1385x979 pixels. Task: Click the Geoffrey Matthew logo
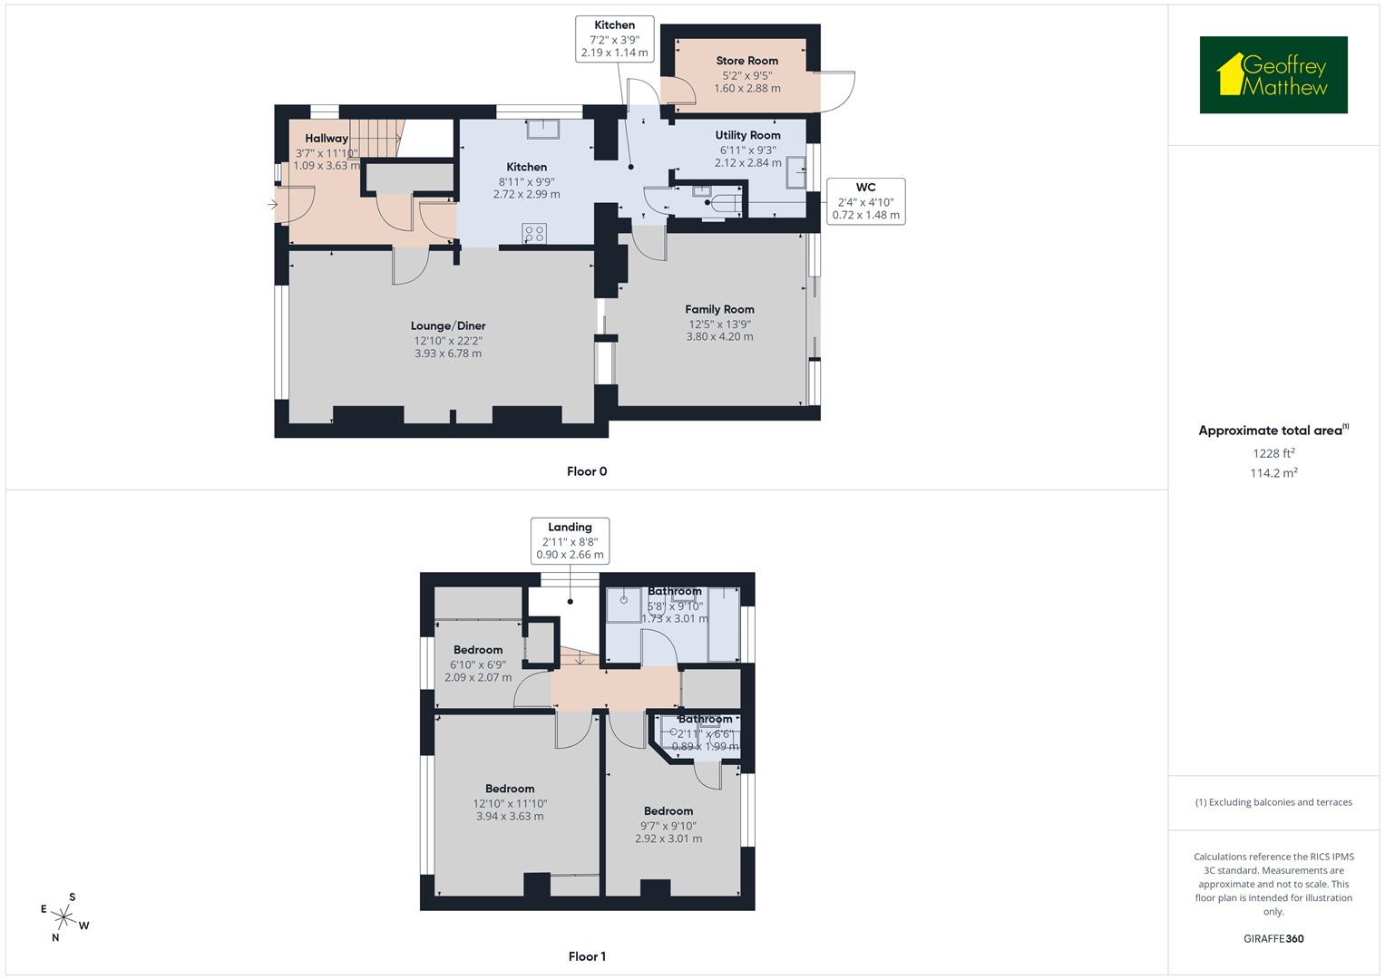click(x=1273, y=75)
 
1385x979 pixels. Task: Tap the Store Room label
click(x=746, y=61)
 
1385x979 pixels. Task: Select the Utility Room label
click(x=747, y=135)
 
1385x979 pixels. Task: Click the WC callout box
click(x=865, y=201)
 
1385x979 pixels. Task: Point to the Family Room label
click(x=719, y=309)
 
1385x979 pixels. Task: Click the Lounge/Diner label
click(x=448, y=325)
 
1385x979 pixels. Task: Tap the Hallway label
click(x=327, y=139)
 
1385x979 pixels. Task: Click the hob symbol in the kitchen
click(x=534, y=234)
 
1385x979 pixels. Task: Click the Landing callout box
click(x=570, y=541)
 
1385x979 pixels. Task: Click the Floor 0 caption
click(x=587, y=471)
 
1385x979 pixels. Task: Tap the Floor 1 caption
click(x=587, y=956)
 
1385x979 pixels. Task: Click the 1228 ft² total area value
click(x=1273, y=453)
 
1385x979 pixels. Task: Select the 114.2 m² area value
click(x=1273, y=472)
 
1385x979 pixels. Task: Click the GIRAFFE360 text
click(x=1273, y=938)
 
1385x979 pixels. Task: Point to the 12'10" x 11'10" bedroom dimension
click(x=510, y=803)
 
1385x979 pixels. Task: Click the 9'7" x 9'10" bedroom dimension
click(x=668, y=826)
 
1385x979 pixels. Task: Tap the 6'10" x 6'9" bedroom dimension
click(x=478, y=664)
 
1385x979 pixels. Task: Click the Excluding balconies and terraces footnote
click(x=1273, y=802)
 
